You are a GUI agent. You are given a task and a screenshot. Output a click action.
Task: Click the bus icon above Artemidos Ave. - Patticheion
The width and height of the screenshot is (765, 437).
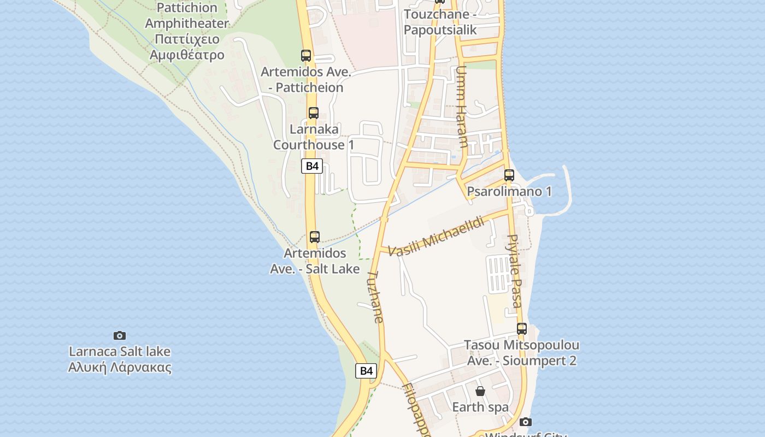click(306, 56)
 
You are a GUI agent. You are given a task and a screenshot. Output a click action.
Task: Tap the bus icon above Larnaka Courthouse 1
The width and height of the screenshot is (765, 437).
click(314, 113)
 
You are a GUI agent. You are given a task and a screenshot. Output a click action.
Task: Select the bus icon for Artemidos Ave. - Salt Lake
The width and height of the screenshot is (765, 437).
click(315, 237)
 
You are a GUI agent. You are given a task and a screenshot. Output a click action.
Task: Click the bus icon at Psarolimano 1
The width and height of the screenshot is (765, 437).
click(509, 175)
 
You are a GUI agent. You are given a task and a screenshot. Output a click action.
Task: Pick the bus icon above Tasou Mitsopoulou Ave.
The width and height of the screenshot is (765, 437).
click(522, 329)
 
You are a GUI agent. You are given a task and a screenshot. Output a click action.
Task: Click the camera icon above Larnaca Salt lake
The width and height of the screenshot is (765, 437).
click(120, 335)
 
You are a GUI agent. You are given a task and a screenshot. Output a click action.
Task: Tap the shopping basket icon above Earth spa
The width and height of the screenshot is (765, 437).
click(480, 391)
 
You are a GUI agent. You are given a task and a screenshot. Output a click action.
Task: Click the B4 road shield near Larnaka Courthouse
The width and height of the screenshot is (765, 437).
click(312, 166)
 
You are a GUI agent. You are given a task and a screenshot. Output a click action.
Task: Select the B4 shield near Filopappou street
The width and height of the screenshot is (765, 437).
click(366, 371)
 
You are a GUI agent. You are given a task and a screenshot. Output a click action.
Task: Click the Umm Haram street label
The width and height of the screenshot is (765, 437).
click(462, 107)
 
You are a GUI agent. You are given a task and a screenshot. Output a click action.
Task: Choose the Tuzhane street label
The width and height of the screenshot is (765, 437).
click(376, 297)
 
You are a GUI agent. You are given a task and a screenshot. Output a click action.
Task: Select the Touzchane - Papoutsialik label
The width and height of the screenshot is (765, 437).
click(440, 22)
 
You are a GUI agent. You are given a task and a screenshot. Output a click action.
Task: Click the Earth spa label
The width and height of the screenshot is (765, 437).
click(480, 407)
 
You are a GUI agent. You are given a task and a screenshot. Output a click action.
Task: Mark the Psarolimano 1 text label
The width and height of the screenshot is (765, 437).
click(509, 191)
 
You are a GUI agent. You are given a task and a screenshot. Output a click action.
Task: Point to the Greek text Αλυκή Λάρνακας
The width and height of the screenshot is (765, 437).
click(120, 367)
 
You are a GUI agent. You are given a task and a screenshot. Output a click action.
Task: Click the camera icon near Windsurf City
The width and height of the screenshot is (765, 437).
click(526, 422)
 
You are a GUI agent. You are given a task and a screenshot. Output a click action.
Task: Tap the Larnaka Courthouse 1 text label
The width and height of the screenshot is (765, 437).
click(314, 137)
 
